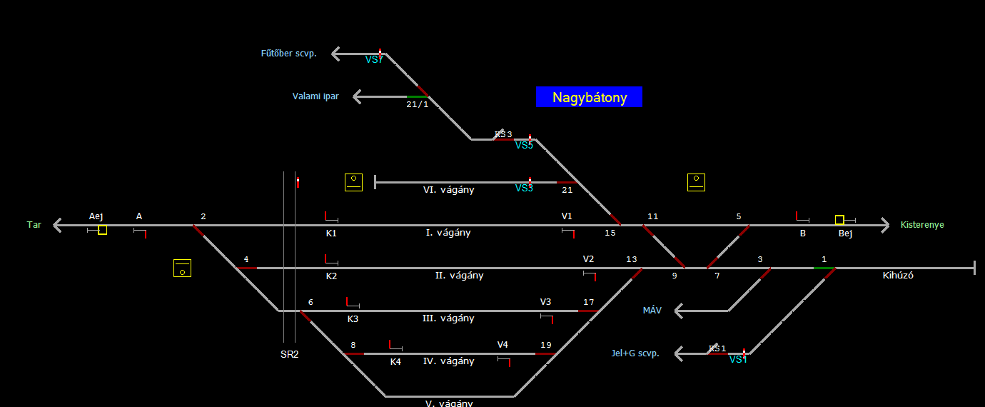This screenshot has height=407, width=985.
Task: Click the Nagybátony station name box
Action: pos(589,97)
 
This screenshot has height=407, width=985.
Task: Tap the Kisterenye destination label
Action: pos(922,225)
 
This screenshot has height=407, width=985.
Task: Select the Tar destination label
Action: pos(34,225)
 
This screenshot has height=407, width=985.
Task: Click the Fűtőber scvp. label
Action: pos(288,54)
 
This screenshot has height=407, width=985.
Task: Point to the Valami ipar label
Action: pos(315,96)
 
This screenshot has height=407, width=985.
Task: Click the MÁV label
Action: pos(652,311)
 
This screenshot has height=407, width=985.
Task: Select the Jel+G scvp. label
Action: pos(635,353)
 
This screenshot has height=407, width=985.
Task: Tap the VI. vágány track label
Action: pos(448,190)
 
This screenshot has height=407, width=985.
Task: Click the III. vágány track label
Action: pos(448,318)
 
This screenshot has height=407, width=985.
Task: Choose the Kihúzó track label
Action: pos(898,276)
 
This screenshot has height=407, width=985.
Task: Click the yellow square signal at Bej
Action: pos(839,220)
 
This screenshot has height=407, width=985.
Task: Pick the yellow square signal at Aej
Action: pos(103,230)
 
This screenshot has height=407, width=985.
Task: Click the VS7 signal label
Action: pos(374,60)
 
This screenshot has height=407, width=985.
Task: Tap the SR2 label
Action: pos(289,354)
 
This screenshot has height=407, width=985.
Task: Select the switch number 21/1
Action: pos(418,104)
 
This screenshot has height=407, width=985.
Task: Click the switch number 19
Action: pos(546,345)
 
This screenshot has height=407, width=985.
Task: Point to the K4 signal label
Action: pos(395,362)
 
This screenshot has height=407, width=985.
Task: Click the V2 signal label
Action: pos(588,259)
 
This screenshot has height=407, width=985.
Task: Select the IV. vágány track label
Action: pos(448,361)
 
